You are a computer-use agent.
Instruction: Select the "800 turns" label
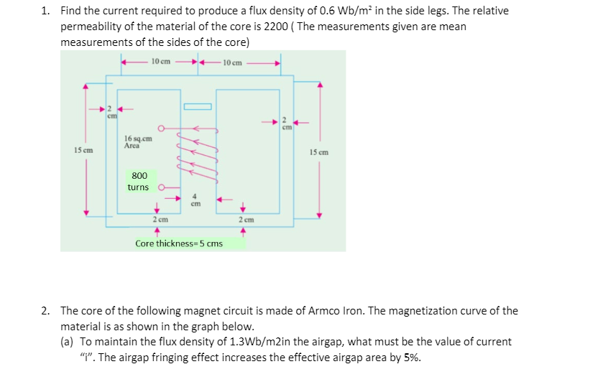click(139, 181)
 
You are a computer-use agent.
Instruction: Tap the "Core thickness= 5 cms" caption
click(179, 243)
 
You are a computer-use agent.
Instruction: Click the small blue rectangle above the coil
click(198, 107)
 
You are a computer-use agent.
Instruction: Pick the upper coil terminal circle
click(162, 130)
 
